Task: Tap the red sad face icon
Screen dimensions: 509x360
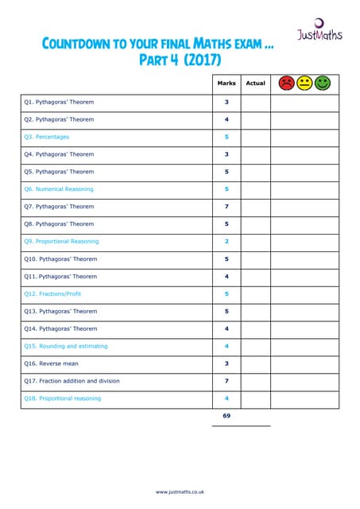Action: coord(286,83)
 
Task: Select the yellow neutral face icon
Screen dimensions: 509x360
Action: coord(304,83)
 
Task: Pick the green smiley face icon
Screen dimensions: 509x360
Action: coord(322,83)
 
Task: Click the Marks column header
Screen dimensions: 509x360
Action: coord(226,84)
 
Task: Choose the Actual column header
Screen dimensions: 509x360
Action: coord(256,84)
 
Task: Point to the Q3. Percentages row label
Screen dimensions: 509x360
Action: coord(46,137)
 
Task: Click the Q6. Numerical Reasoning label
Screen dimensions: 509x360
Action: coord(59,189)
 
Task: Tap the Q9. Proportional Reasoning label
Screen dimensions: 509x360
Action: coord(61,242)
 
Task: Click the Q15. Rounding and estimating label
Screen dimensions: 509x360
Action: coord(65,347)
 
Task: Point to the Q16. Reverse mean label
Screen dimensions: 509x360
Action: coord(51,363)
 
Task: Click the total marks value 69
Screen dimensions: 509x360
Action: coord(226,416)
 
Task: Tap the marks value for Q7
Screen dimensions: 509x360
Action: coord(226,207)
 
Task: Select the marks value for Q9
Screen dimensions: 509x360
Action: coord(226,242)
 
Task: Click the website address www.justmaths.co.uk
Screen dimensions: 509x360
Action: coord(180,492)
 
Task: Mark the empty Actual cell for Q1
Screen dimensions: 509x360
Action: coord(256,103)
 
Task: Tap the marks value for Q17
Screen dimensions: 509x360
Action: coord(226,381)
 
